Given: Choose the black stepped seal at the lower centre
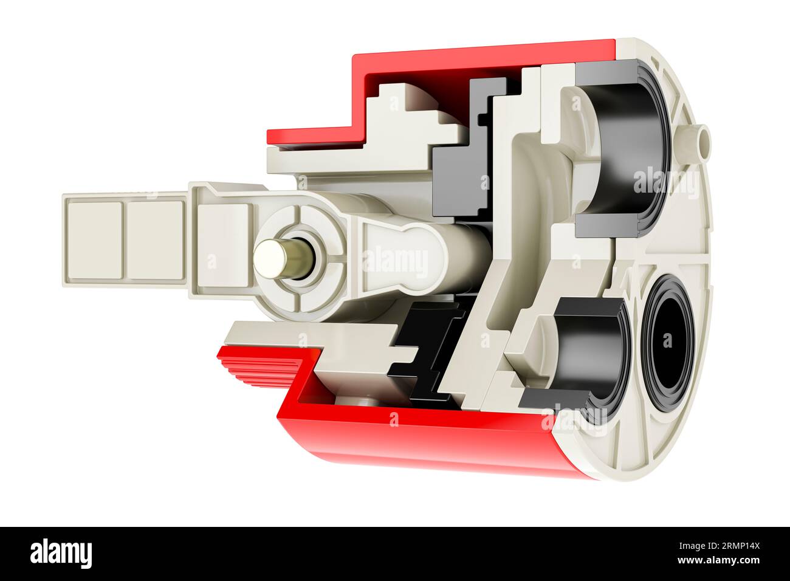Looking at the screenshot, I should point(431,349).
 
